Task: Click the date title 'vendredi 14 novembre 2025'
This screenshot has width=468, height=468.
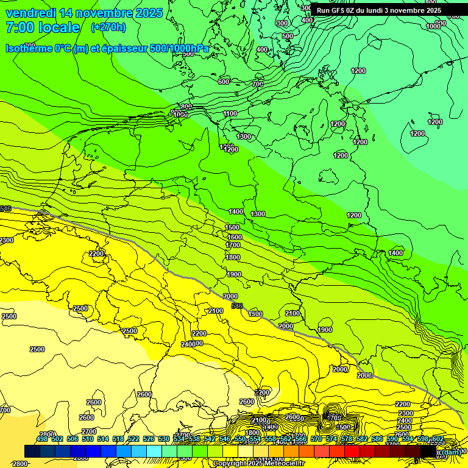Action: pyautogui.click(x=84, y=13)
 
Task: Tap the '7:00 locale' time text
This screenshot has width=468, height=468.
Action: pyautogui.click(x=43, y=27)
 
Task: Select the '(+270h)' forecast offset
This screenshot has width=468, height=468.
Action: pyautogui.click(x=108, y=27)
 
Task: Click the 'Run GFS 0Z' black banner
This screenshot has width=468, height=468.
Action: pyautogui.click(x=378, y=10)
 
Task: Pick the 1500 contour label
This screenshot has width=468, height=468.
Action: pyautogui.click(x=233, y=227)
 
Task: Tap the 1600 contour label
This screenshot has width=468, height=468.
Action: pyautogui.click(x=234, y=237)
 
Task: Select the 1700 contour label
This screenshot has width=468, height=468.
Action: pyautogui.click(x=233, y=246)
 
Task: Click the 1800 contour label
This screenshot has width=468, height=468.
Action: pyautogui.click(x=233, y=258)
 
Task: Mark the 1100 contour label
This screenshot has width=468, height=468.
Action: pyautogui.click(x=230, y=114)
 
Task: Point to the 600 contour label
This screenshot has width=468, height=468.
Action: pyautogui.click(x=224, y=82)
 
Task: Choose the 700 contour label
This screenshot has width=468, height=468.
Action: pyautogui.click(x=258, y=84)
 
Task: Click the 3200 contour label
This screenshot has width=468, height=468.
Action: pyautogui.click(x=262, y=392)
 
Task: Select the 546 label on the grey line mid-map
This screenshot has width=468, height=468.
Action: pyautogui.click(x=238, y=306)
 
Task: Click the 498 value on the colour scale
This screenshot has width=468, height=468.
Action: pyautogui.click(x=41, y=439)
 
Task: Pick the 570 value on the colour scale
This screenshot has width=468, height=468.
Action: pyautogui.click(x=316, y=439)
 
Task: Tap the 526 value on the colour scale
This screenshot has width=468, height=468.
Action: pyautogui.click(x=148, y=439)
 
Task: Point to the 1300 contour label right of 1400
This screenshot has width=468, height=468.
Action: pyautogui.click(x=258, y=214)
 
